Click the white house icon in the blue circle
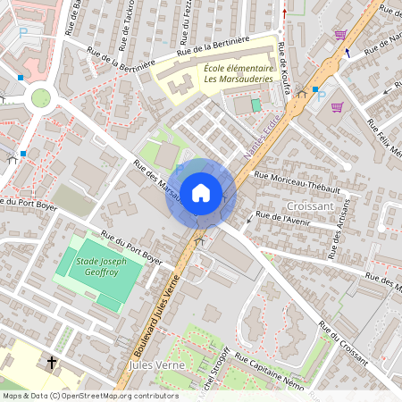pyautogui.click(x=200, y=193)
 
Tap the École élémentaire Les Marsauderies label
pyautogui.click(x=238, y=74)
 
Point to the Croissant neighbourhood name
pyautogui.click(x=310, y=205)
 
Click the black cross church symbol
pyautogui.click(x=52, y=364)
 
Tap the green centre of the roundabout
pyautogui.click(x=40, y=96)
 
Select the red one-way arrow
pyautogui.click(x=284, y=13)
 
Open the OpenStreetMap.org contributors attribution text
pyautogui.click(x=116, y=396)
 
